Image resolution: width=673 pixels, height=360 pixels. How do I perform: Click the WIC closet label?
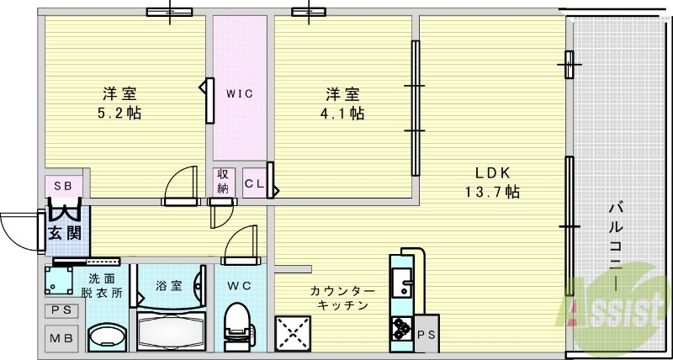tap(239, 93)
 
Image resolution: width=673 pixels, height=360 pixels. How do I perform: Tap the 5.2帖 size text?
tap(120, 113)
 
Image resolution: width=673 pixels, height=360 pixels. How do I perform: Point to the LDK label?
tap(489, 173)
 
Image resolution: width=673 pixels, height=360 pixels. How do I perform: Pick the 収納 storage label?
tap(223, 181)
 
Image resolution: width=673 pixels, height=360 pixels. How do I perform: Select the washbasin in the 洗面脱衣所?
tap(104, 338)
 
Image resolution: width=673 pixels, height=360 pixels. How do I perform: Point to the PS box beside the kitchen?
tap(426, 334)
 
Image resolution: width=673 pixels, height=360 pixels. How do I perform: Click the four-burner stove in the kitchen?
tap(400, 333)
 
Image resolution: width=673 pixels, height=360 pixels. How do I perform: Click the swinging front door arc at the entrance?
tap(19, 227)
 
